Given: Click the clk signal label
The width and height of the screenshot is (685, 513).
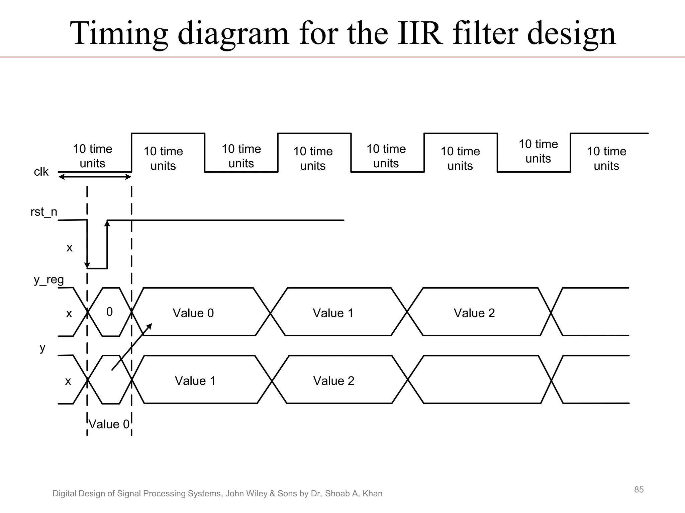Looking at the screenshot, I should coord(41,172).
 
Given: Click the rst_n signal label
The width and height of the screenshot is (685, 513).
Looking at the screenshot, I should coord(44,212).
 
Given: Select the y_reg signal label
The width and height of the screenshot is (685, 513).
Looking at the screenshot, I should coord(49,280).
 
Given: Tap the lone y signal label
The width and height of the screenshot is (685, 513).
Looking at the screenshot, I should coord(42,348).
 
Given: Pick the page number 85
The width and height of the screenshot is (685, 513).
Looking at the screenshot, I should coord(639,490).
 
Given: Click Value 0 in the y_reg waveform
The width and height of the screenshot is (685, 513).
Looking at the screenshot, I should coord(193,313).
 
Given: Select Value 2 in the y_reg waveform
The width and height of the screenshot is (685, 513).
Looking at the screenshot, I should coord(474,313).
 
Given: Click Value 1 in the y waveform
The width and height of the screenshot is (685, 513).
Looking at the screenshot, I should coord(195,381).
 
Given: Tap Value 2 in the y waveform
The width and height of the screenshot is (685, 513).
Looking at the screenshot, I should coord(333,381).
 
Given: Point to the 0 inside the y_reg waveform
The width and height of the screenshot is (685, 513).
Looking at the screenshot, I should coord(109,312).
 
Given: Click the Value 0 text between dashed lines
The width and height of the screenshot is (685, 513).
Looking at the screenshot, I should coord(109,424).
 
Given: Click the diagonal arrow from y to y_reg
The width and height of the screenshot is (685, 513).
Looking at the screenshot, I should coord(131,347).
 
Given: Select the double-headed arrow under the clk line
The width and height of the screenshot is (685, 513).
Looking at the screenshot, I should coord(95,177).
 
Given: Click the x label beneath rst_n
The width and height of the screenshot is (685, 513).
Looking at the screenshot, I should coord(70,248).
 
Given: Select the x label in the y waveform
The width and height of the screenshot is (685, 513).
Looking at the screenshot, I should coord(68,381).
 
